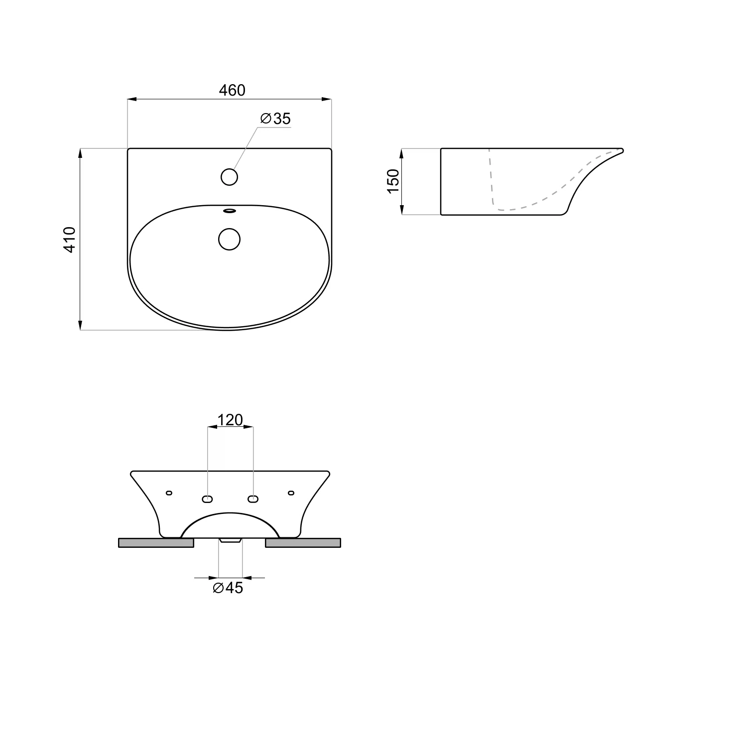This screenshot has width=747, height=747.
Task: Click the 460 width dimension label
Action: point(232,90)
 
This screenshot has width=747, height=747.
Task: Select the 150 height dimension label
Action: point(393,181)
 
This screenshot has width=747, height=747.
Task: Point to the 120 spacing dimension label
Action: point(230,420)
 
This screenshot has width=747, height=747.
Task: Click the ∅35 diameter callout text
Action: point(275,119)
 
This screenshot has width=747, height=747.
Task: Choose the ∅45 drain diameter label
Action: point(228,588)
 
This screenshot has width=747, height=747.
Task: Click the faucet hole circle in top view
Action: point(229,177)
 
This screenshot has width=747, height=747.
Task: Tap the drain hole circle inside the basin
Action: point(229,239)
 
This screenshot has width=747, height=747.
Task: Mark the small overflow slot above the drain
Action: point(229,211)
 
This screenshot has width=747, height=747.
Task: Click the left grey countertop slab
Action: point(156,543)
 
